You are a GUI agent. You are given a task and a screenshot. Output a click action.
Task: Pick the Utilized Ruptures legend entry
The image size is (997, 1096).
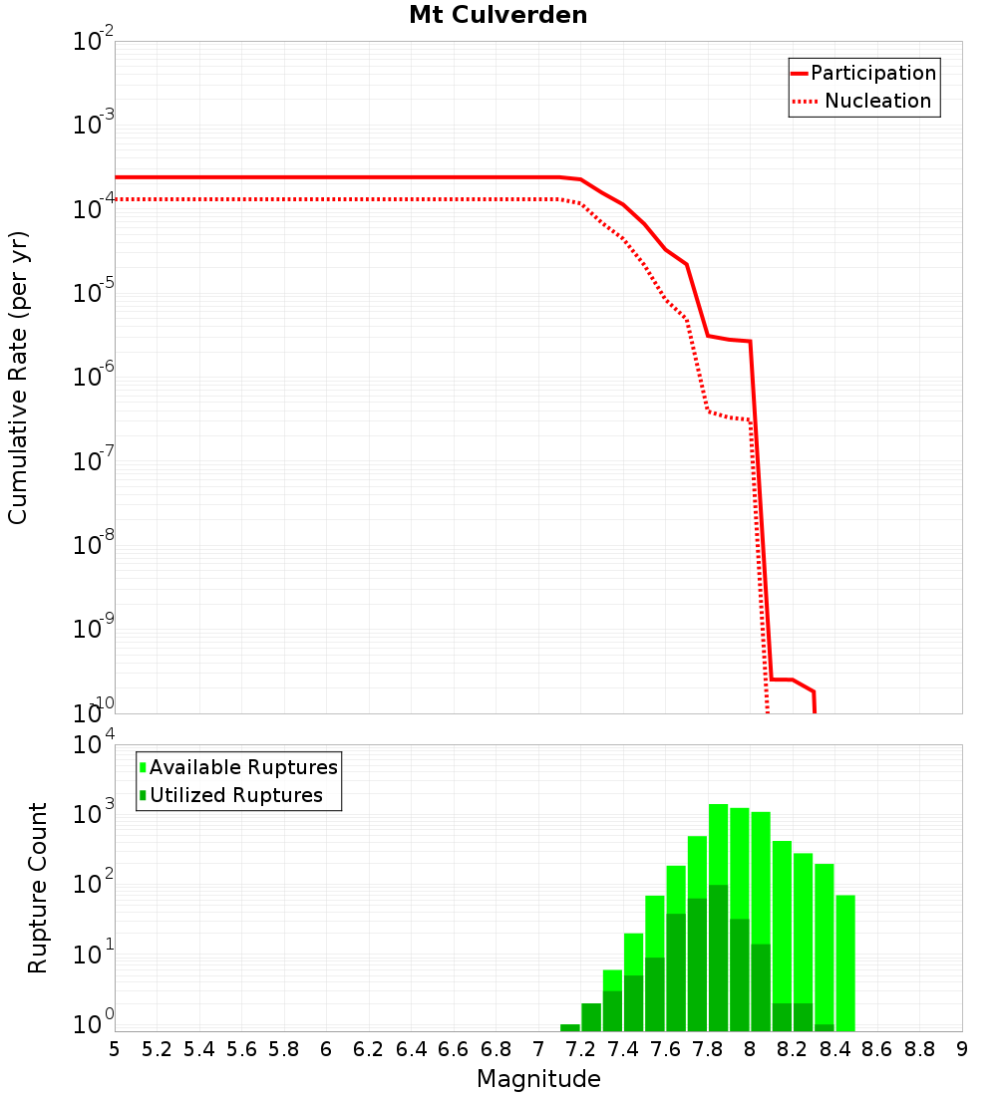pos(235,796)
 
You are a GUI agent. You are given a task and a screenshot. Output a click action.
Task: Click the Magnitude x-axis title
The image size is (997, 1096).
pos(538,1079)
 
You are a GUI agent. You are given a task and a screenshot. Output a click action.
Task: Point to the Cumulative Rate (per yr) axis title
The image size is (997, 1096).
pos(18,378)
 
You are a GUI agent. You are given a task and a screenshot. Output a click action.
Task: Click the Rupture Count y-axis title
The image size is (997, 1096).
pos(38,888)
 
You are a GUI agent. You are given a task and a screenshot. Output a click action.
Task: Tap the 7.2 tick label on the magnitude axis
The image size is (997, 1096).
pos(580,1049)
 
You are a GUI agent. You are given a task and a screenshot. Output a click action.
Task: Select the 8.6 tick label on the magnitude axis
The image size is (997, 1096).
pos(877,1049)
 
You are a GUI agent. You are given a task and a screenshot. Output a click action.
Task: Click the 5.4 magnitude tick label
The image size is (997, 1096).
pos(199,1049)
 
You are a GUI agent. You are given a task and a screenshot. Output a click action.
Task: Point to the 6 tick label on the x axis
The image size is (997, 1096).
pos(326,1049)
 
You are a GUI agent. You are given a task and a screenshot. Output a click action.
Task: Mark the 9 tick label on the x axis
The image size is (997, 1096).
pos(962,1049)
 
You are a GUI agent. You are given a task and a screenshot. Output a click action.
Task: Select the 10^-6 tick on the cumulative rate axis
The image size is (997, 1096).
pos(94,379)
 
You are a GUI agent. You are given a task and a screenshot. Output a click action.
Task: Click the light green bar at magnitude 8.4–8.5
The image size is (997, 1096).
pos(845,961)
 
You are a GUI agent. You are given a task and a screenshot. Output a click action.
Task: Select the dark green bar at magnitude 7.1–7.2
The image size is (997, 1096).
pos(570,1027)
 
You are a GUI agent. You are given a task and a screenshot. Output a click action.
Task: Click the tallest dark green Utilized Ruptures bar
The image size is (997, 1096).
pos(718,957)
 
